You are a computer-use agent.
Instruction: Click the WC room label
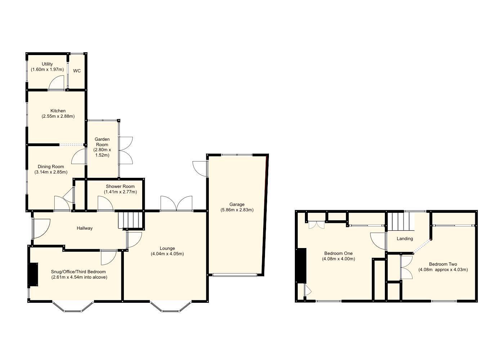pyautogui.click(x=77, y=71)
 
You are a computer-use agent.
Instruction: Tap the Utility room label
pyautogui.click(x=47, y=64)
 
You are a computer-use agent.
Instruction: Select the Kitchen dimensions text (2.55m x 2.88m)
pyautogui.click(x=58, y=116)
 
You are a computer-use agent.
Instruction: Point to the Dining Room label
pyautogui.click(x=51, y=167)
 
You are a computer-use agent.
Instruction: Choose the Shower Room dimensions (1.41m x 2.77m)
pyautogui.click(x=120, y=192)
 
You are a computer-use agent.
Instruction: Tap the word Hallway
pyautogui.click(x=85, y=228)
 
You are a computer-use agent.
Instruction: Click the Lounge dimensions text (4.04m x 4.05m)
pyautogui.click(x=167, y=253)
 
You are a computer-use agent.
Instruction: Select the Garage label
pyautogui.click(x=237, y=204)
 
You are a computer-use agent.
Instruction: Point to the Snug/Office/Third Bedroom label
pyautogui.click(x=78, y=272)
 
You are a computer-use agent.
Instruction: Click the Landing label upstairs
pyautogui.click(x=405, y=239)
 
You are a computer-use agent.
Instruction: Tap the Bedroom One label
pyautogui.click(x=338, y=253)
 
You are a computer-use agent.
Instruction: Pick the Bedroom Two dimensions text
pyautogui.click(x=443, y=270)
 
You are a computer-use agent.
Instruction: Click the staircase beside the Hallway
pyautogui.click(x=131, y=220)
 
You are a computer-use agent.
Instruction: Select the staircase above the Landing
pyautogui.click(x=401, y=221)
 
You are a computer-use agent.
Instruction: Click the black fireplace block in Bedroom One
pyautogui.click(x=301, y=265)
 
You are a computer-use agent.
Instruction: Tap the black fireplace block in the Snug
pyautogui.click(x=33, y=275)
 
